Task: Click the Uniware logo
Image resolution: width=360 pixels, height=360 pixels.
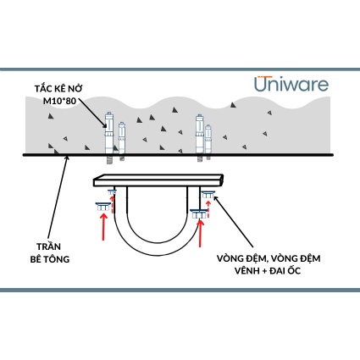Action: pyautogui.click(x=291, y=84)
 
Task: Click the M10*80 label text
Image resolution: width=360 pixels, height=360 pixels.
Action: pyautogui.click(x=59, y=101)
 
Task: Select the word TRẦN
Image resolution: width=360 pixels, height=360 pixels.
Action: pyautogui.click(x=49, y=246)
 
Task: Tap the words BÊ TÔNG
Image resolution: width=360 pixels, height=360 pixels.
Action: pyautogui.click(x=50, y=259)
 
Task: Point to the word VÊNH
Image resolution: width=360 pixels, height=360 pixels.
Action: pyautogui.click(x=247, y=270)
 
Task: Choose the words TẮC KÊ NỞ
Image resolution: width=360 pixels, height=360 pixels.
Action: pyautogui.click(x=58, y=88)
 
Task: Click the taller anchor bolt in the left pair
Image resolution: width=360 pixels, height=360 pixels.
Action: pyautogui.click(x=109, y=138)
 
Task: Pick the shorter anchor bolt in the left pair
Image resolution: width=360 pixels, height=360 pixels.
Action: pyautogui.click(x=122, y=141)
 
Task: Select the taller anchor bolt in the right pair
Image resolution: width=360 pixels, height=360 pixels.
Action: pyautogui.click(x=200, y=138)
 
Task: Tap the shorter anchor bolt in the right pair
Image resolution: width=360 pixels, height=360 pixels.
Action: pyautogui.click(x=208, y=142)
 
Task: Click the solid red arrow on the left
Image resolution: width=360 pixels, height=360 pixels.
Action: pyautogui.click(x=103, y=227)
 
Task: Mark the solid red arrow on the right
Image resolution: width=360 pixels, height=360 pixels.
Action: pyautogui.click(x=201, y=234)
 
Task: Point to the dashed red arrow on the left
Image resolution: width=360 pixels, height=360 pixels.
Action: pyautogui.click(x=113, y=204)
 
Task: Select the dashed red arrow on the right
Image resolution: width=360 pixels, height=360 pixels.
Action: pyautogui.click(x=208, y=209)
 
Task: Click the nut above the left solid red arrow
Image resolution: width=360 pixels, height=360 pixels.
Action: pyautogui.click(x=103, y=207)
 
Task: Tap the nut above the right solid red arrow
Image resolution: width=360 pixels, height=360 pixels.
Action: pyautogui.click(x=199, y=213)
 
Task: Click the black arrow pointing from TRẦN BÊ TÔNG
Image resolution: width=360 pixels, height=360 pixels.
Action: pyautogui.click(x=58, y=198)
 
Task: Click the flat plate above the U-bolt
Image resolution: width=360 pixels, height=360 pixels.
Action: pyautogui.click(x=158, y=180)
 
